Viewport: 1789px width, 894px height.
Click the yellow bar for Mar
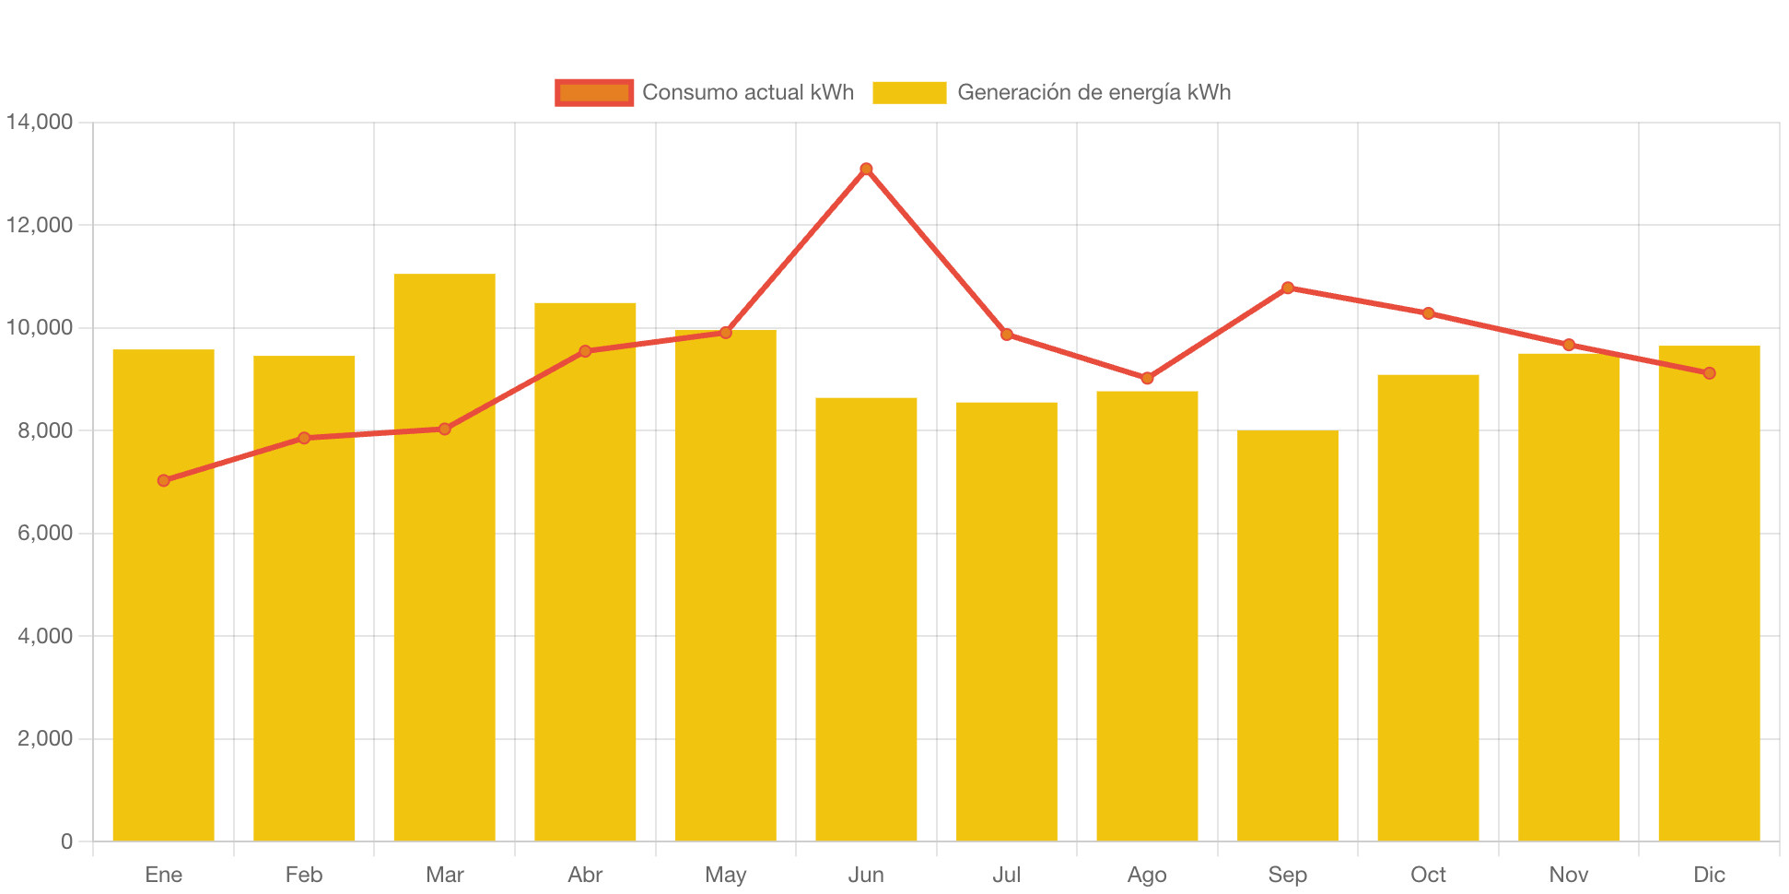tap(444, 558)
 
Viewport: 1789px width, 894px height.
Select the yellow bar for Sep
tap(1287, 636)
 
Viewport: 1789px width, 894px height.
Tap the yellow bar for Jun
tap(866, 619)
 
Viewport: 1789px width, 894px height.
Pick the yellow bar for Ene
tap(163, 595)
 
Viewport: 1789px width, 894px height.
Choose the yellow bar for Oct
tap(1428, 607)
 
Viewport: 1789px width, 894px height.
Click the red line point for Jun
tap(866, 169)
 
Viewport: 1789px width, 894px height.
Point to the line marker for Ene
tap(163, 480)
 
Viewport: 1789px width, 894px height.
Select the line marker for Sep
tap(1287, 288)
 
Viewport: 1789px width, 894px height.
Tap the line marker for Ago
tap(1147, 378)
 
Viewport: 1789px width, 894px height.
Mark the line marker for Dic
tap(1709, 373)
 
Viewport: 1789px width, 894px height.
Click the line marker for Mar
tap(444, 429)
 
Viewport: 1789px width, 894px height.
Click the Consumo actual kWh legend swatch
tap(594, 92)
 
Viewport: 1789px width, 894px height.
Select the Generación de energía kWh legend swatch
tap(909, 92)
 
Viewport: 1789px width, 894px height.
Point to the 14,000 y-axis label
tap(40, 122)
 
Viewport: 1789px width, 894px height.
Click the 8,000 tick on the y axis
tap(44, 430)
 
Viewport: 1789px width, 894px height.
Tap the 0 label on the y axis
tap(66, 841)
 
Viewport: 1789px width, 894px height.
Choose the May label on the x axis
tap(725, 875)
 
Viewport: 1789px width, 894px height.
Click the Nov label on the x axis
tap(1568, 875)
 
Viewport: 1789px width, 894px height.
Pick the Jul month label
tap(1006, 875)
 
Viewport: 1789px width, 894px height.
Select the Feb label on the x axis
tap(304, 875)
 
